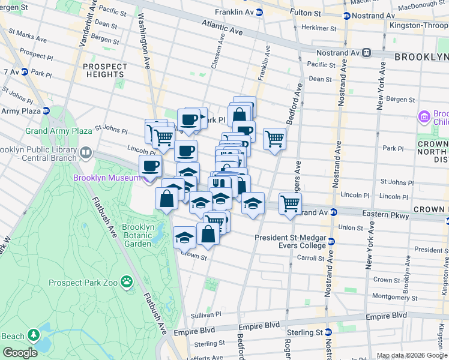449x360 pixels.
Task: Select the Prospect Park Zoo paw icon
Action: tap(127, 281)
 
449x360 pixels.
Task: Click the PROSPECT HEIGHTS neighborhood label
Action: tap(105, 70)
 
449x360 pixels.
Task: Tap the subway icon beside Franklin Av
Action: tap(259, 12)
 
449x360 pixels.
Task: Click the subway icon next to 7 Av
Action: tap(25, 71)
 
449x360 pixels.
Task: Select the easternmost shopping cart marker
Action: tap(290, 204)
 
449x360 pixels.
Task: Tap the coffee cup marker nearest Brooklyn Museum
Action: tap(150, 166)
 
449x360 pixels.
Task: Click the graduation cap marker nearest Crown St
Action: tap(184, 238)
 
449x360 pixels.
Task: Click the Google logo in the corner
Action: tap(20, 353)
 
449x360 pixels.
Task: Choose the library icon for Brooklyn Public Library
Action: tap(85, 153)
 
